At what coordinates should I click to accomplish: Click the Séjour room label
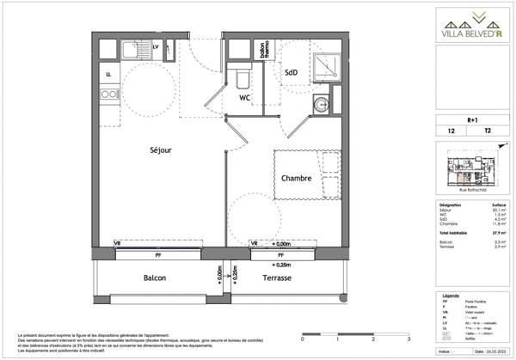pyautogui.click(x=162, y=149)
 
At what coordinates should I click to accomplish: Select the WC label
pyautogui.click(x=246, y=98)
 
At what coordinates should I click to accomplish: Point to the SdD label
pyautogui.click(x=292, y=73)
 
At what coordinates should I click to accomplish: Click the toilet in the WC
pyautogui.click(x=242, y=80)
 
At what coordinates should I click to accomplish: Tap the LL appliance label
pyautogui.click(x=109, y=75)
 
